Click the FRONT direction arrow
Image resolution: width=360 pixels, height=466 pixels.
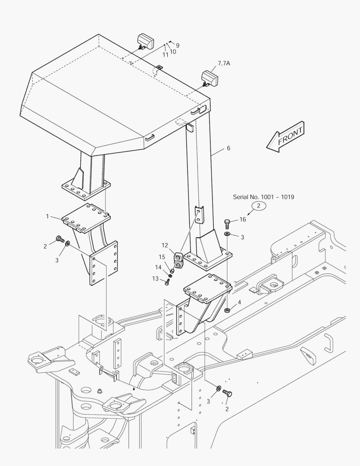[286, 137]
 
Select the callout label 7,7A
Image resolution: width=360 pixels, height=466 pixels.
[224, 63]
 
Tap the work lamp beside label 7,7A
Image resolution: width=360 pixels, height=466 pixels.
[210, 79]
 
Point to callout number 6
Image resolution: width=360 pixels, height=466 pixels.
[228, 148]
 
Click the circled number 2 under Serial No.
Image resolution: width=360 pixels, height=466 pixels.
[259, 206]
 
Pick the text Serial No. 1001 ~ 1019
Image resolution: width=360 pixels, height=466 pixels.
[263, 197]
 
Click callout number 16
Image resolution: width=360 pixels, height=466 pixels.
[243, 219]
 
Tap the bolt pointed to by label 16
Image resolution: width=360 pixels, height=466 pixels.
[227, 224]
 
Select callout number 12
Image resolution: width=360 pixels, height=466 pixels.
[165, 246]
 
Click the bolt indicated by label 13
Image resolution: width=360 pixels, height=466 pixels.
[168, 282]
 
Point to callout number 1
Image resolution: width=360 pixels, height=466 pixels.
[47, 216]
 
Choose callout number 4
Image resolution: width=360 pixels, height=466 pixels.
[239, 302]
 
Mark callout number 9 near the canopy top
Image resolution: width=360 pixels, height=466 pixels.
[177, 45]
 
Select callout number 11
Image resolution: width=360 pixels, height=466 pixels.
[165, 55]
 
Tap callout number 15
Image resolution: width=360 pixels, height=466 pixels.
[162, 257]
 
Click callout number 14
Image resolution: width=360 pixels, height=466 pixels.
[158, 268]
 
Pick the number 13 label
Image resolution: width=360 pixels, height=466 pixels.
[155, 278]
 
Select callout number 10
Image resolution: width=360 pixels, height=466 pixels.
[172, 52]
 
